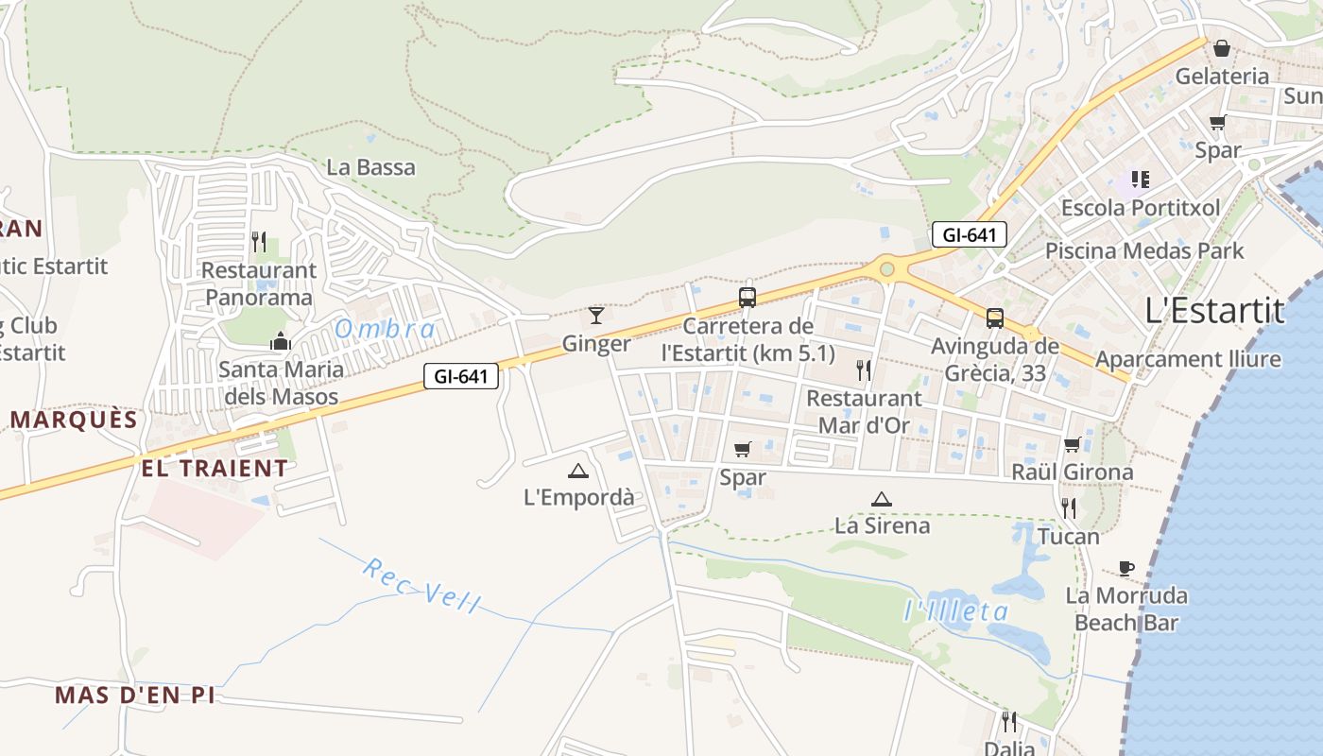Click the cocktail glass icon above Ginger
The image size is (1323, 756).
point(595,315)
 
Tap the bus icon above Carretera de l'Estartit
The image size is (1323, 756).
point(747,298)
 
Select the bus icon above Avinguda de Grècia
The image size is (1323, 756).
point(995,318)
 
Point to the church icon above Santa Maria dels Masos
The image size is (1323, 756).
point(280,341)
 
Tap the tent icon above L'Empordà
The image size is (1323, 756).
point(578,471)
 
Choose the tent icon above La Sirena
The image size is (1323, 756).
point(882,499)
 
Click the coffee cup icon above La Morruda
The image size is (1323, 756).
point(1125,568)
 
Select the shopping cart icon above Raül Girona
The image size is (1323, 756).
point(1072,444)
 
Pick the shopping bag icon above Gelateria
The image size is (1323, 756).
point(1222,47)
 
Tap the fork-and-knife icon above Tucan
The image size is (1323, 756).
point(1069,508)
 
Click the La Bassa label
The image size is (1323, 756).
point(370,167)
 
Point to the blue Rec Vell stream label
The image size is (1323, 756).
point(422,586)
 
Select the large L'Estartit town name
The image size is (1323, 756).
point(1214,310)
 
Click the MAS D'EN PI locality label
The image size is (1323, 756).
point(134,696)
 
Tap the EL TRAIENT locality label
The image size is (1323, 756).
point(215,468)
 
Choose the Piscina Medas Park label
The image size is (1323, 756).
point(1144,250)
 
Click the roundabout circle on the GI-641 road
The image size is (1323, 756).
point(886,269)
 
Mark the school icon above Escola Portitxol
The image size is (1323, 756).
point(1140,179)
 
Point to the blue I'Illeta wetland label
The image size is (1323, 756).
point(956,611)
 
